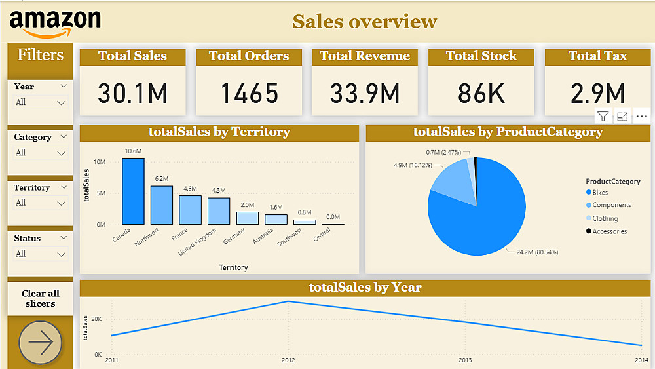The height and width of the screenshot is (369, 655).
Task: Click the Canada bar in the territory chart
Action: (x=133, y=191)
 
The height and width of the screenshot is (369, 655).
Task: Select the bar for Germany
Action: (x=247, y=218)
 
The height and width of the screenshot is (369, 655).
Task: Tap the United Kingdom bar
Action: (x=219, y=211)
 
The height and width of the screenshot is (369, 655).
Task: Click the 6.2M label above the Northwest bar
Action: (x=162, y=179)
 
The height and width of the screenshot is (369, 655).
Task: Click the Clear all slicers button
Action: (x=41, y=298)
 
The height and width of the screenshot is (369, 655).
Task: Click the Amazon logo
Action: (x=55, y=23)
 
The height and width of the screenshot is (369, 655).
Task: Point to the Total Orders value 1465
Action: (x=249, y=94)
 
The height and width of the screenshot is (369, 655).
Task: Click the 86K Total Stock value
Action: (x=481, y=94)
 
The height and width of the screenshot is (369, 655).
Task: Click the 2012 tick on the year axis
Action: (x=288, y=360)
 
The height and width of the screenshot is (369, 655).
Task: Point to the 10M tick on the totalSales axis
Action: (x=100, y=161)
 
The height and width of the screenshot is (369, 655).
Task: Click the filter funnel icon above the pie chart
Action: (x=603, y=117)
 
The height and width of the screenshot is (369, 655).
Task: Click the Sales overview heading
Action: (x=364, y=22)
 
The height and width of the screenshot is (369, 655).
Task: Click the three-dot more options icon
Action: (x=642, y=117)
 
